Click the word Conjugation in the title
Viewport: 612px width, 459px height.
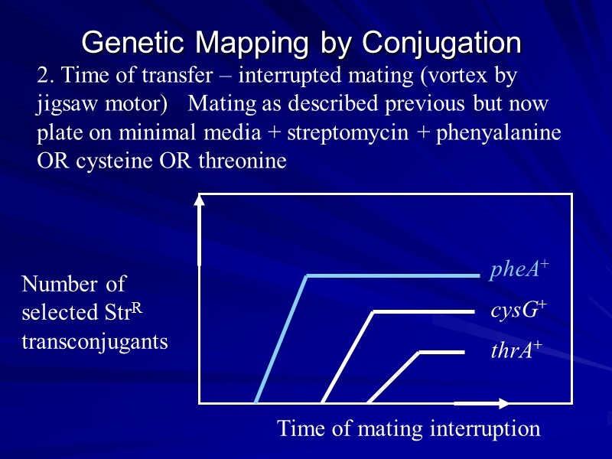441,43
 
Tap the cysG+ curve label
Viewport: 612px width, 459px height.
518,311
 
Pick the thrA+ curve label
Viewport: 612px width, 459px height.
516,351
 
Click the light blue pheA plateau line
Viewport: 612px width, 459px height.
390,275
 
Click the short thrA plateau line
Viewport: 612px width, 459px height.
441,352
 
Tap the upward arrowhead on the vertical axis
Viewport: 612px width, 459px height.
200,200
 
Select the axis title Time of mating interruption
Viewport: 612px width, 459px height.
409,428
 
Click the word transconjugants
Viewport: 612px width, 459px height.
95,341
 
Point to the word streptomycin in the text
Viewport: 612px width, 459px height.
334,132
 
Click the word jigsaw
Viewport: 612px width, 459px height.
60,104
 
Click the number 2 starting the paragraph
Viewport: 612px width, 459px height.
43,76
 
